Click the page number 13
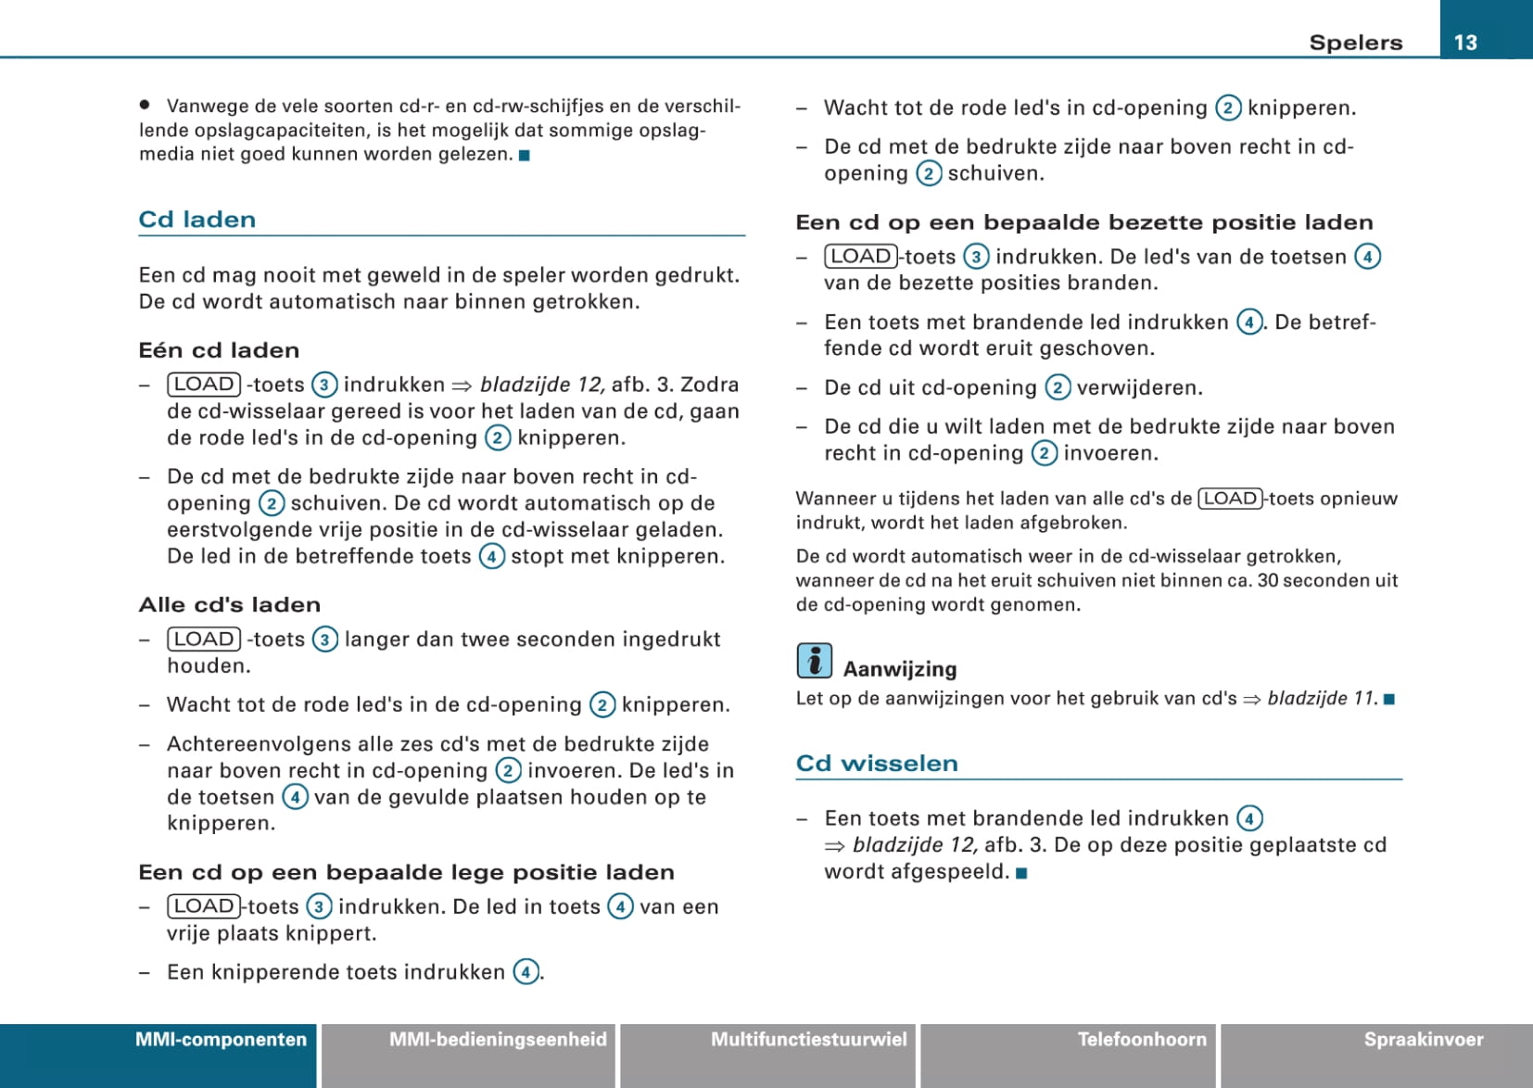[x=1464, y=43]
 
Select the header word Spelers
[x=1355, y=43]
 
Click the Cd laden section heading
[x=197, y=220]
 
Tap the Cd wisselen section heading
[x=877, y=764]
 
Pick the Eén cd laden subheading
[x=219, y=350]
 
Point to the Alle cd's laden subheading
[x=230, y=605]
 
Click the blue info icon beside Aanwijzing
[x=814, y=661]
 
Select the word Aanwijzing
[x=899, y=669]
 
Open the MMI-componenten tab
[x=221, y=1040]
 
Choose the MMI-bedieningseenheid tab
[x=498, y=1040]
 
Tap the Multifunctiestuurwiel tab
[x=808, y=1040]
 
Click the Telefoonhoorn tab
[x=1142, y=1040]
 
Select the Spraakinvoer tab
[x=1423, y=1040]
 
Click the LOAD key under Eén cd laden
[x=204, y=385]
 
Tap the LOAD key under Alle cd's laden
[x=204, y=639]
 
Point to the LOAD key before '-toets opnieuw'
[x=1230, y=499]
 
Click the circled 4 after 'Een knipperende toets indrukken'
[x=526, y=972]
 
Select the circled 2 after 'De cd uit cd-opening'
[x=1058, y=387]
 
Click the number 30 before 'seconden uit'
[x=1268, y=581]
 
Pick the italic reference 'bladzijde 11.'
[x=1322, y=699]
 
